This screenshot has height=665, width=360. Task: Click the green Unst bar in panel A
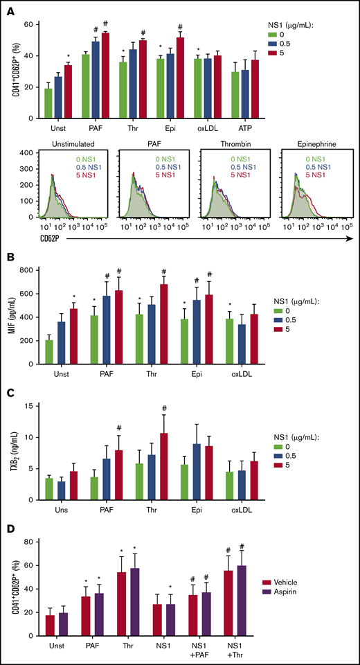48,103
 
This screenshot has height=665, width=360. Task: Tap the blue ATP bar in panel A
242,94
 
